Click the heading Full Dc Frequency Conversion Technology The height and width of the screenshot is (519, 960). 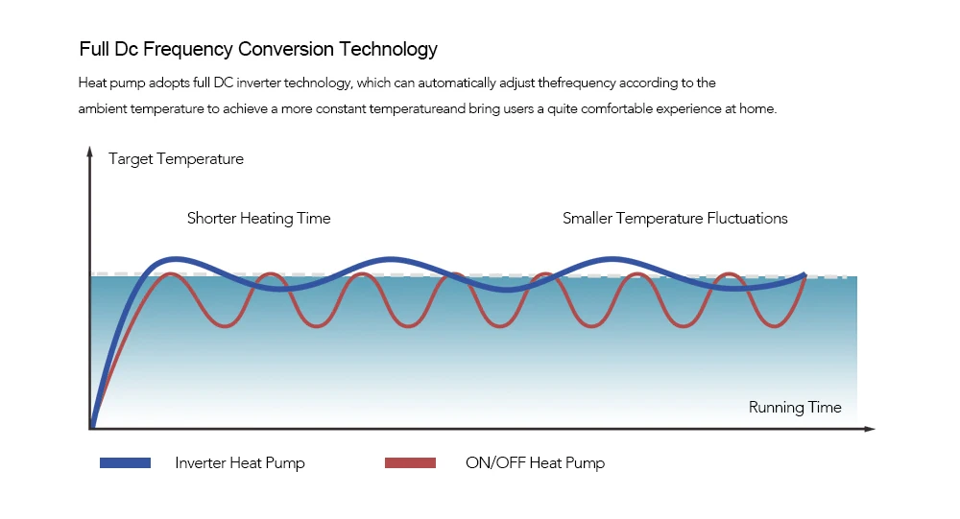click(257, 49)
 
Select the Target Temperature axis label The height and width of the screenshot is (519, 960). click(176, 159)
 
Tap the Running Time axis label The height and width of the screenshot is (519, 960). click(795, 408)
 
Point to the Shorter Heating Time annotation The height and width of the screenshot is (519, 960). click(258, 219)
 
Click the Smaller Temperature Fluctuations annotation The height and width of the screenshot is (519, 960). click(675, 219)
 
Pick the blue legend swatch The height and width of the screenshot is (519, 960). click(125, 463)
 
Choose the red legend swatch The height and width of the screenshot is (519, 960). click(410, 463)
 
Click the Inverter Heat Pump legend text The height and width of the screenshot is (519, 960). click(240, 463)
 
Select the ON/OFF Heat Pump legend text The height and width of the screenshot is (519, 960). click(535, 463)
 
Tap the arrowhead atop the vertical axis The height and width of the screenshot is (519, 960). click(90, 150)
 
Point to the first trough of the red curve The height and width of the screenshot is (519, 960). click(225, 326)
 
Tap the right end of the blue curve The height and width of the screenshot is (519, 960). click(804, 275)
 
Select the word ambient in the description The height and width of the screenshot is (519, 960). click(102, 109)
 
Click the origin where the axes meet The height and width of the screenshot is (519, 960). click(91, 428)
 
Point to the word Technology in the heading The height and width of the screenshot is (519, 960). click(389, 49)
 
